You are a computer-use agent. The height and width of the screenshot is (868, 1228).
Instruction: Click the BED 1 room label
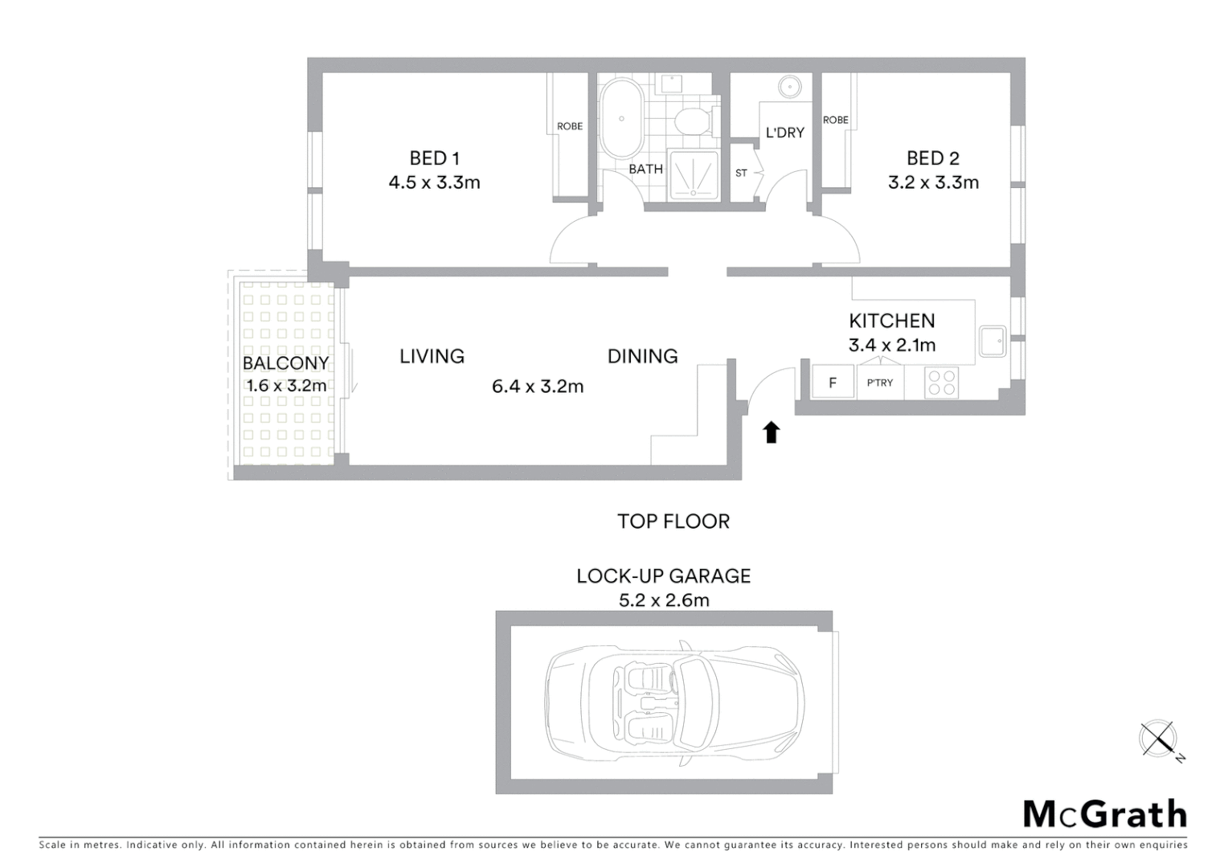(x=434, y=158)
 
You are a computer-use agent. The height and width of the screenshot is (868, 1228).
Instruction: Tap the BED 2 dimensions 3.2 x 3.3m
(x=933, y=182)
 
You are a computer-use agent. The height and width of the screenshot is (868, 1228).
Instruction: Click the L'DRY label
(x=784, y=133)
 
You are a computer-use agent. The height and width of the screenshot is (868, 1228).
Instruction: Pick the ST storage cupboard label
(x=741, y=173)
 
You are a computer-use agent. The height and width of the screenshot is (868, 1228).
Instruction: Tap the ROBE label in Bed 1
(x=570, y=126)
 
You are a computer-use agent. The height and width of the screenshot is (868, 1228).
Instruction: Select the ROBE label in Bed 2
(x=835, y=120)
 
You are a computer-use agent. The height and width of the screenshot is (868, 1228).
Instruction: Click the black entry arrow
(x=772, y=432)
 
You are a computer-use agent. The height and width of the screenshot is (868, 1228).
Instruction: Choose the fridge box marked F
(x=833, y=383)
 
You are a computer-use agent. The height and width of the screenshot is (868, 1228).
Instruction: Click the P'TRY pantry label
(x=879, y=383)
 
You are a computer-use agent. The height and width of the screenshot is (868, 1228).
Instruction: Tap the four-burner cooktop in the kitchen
(x=941, y=383)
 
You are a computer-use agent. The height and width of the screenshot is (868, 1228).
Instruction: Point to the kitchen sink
(x=993, y=342)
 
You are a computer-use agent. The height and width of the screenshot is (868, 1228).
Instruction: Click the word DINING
(x=642, y=356)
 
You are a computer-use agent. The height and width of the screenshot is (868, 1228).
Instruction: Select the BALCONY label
(x=285, y=363)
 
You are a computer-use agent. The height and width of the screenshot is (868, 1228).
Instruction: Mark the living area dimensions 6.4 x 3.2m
(x=538, y=387)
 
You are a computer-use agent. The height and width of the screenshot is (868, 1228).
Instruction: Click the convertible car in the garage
(x=673, y=702)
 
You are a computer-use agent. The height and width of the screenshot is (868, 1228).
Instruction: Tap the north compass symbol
(x=1158, y=739)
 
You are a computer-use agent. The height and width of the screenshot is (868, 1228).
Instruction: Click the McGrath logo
(x=1104, y=814)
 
